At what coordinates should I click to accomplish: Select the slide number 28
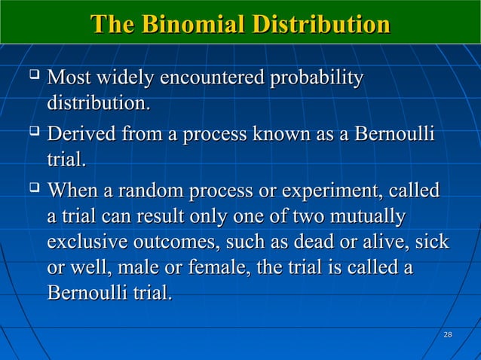coord(448,334)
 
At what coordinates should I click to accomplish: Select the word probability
coord(315,78)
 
